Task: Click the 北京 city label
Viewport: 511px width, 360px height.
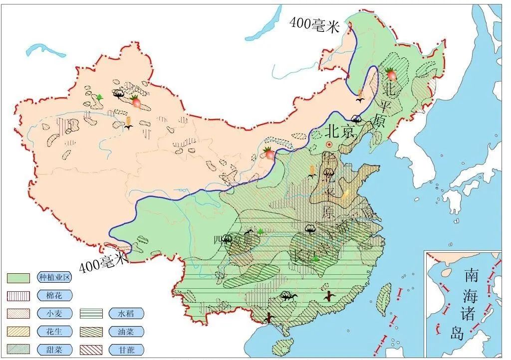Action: pos(340,131)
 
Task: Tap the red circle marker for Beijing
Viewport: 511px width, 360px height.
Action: pos(329,145)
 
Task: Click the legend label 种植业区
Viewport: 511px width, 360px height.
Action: pos(54,278)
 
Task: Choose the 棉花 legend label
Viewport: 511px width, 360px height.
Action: pos(54,296)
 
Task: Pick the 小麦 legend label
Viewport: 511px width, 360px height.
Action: pos(54,314)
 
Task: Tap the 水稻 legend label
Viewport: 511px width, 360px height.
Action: pos(126,314)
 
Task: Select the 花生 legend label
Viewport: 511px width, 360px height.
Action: pos(54,332)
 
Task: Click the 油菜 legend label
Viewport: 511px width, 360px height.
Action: pos(126,332)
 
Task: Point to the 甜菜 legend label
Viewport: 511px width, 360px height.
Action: pos(54,350)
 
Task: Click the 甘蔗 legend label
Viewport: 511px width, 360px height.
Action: pos(126,350)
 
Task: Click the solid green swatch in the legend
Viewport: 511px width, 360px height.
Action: pos(18,278)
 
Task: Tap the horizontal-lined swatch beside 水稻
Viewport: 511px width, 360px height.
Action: pos(91,314)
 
